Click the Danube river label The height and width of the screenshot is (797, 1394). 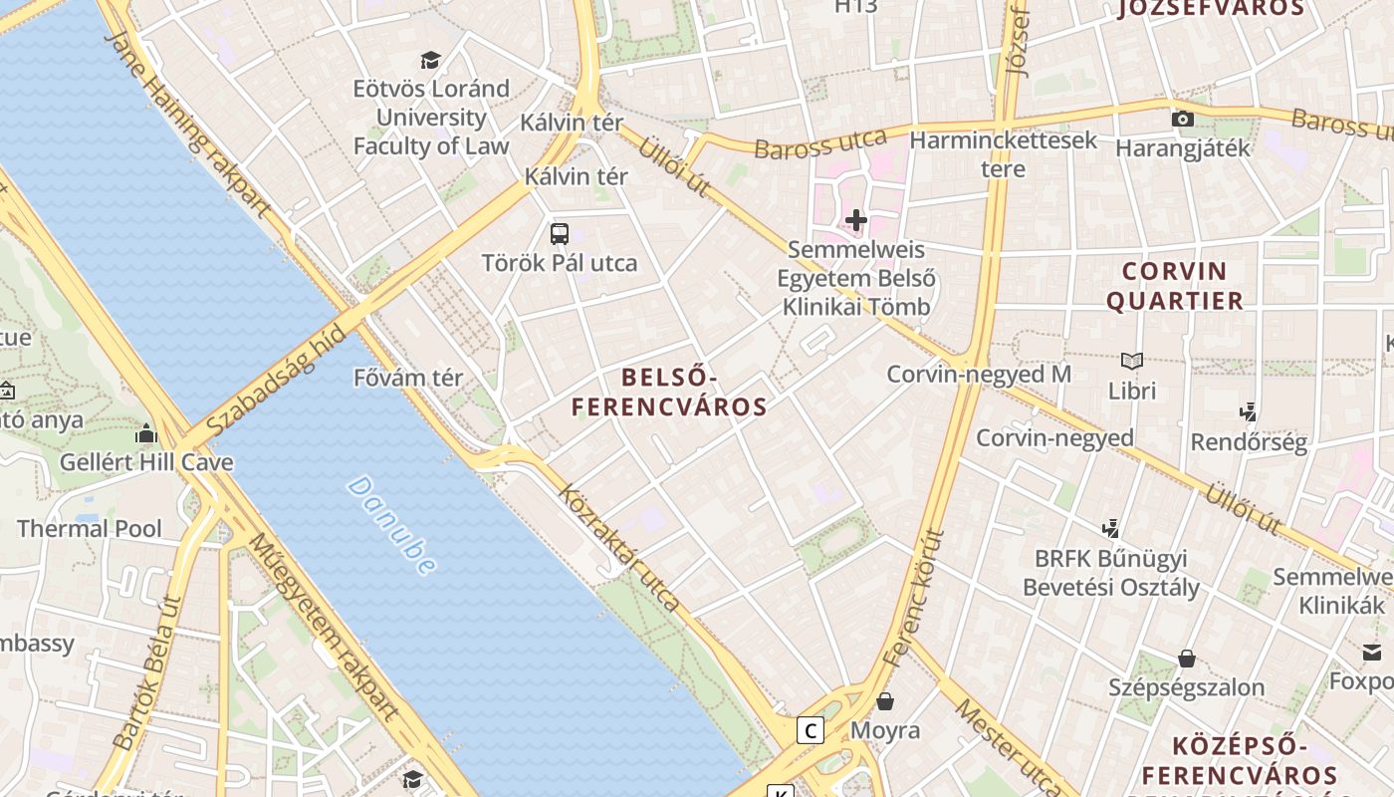(392, 525)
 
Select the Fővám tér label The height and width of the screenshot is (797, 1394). (408, 379)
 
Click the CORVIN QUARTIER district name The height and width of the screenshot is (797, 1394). (1175, 286)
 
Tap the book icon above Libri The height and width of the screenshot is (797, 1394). (1132, 361)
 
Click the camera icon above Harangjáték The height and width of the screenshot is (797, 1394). (1183, 120)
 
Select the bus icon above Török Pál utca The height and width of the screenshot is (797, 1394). (560, 234)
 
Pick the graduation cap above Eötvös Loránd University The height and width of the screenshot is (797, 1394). (430, 60)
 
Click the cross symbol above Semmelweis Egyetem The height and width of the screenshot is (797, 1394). (856, 219)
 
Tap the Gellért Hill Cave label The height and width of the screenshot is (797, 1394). (146, 462)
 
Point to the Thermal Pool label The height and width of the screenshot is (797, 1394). (90, 528)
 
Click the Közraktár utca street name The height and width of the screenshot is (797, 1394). (619, 548)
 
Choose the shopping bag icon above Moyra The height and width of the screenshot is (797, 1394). (885, 701)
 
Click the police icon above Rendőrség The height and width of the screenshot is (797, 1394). (1248, 412)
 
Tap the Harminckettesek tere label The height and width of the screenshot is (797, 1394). (1003, 153)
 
